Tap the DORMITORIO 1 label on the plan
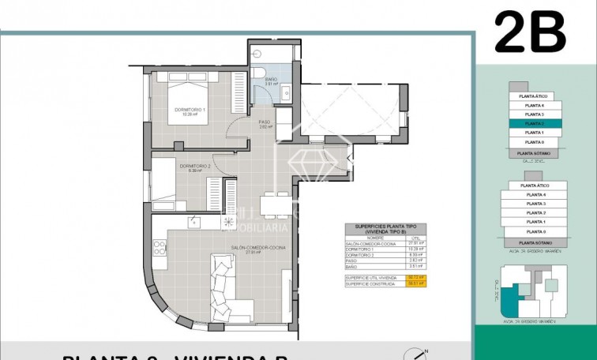(190, 111)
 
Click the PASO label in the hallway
(265, 122)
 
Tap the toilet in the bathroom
(258, 75)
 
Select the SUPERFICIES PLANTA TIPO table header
(385, 228)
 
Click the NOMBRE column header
(375, 237)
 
